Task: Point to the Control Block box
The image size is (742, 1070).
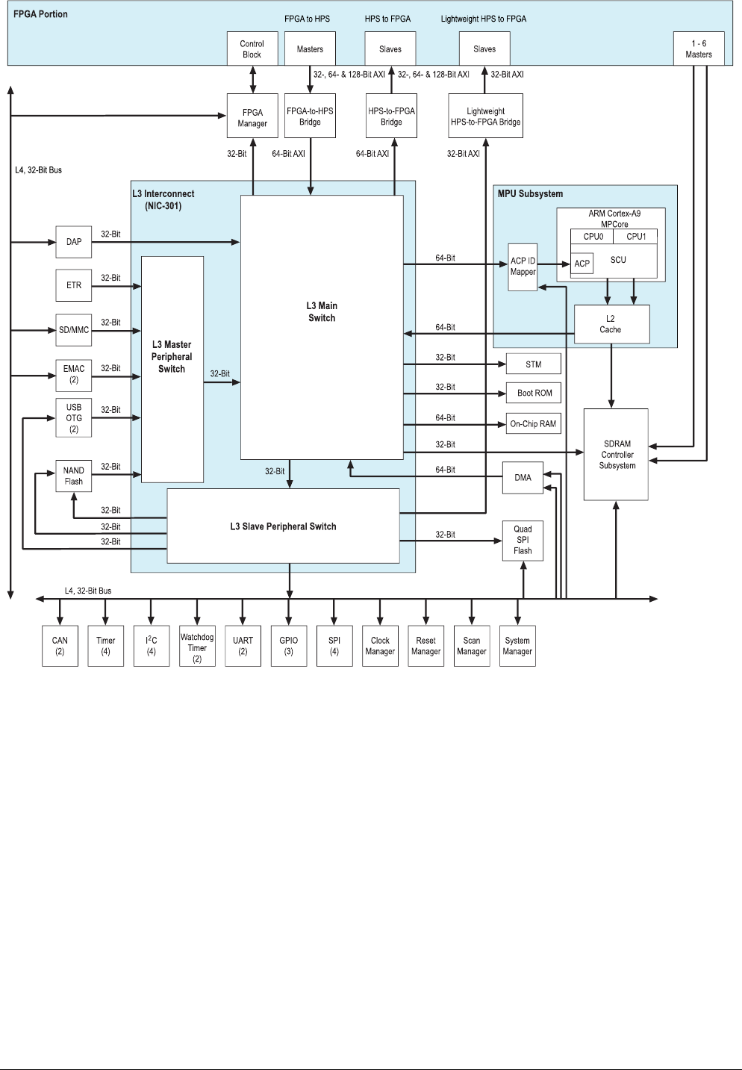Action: [252, 49]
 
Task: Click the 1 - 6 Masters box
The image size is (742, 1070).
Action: [699, 49]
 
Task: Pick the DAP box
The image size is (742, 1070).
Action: [74, 242]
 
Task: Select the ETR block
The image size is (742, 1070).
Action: [74, 285]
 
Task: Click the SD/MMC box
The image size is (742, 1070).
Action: [74, 330]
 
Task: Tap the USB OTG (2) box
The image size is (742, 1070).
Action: [74, 418]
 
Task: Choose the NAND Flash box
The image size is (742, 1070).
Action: [74, 476]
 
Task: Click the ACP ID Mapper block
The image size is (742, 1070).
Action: [523, 267]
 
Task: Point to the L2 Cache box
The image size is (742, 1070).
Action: [611, 324]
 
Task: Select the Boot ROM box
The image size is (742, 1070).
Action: [534, 393]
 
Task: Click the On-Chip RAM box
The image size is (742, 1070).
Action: [533, 423]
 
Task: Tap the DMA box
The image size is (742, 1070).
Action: [523, 478]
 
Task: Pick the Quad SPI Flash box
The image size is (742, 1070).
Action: [523, 540]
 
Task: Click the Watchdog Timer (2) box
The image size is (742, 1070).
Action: [197, 646]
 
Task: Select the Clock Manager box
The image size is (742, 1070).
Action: [380, 646]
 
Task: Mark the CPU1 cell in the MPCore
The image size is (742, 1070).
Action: [636, 237]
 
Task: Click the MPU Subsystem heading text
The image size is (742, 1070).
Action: [530, 194]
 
